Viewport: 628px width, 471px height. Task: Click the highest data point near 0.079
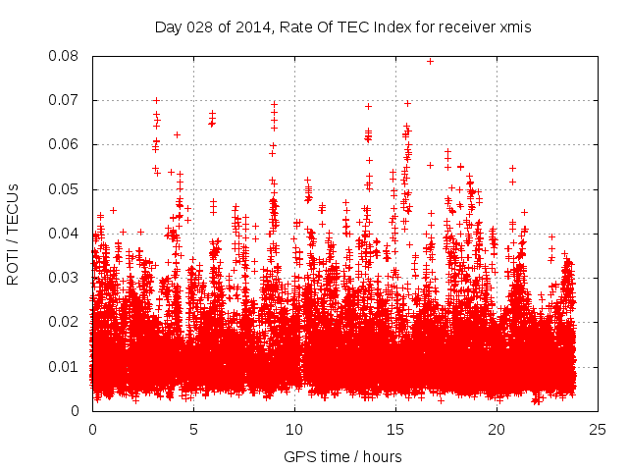click(430, 61)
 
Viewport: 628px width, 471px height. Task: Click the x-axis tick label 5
click(193, 430)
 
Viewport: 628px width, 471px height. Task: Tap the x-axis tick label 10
click(294, 430)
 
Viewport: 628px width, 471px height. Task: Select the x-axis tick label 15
click(395, 430)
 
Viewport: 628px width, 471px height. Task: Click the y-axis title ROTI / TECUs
click(14, 234)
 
